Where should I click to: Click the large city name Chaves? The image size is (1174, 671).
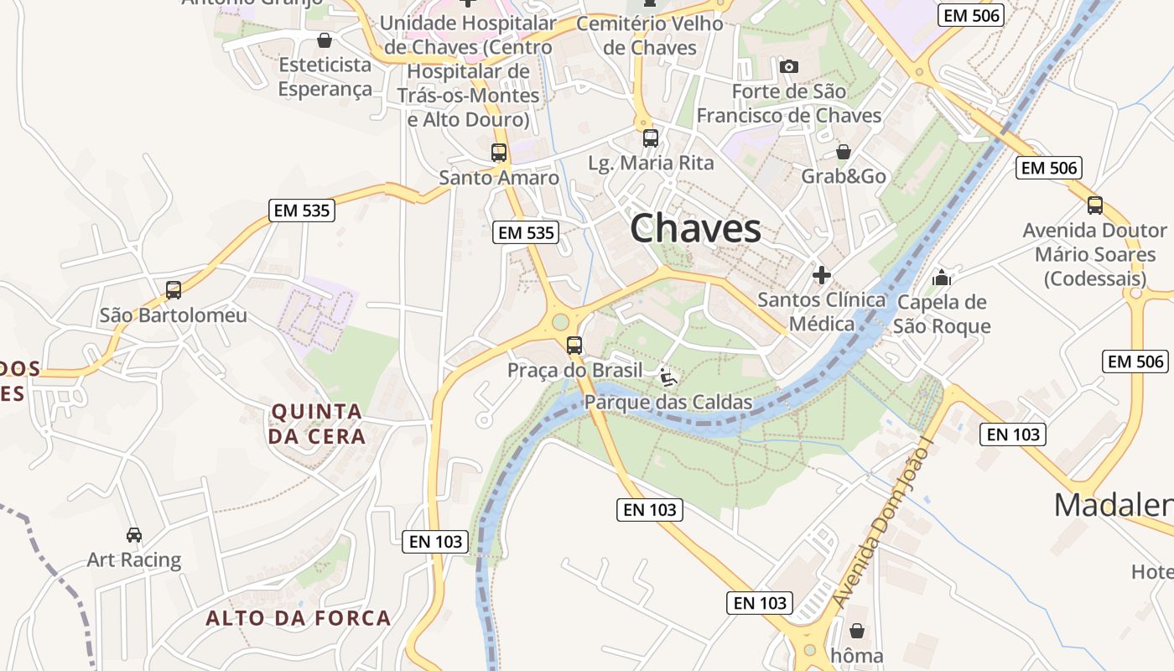pyautogui.click(x=695, y=228)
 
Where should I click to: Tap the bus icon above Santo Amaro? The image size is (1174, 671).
pyautogui.click(x=499, y=153)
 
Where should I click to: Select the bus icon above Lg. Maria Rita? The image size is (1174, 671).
pyautogui.click(x=651, y=138)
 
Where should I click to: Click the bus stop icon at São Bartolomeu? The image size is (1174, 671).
pyautogui.click(x=174, y=290)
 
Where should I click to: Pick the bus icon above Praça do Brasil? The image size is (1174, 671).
pyautogui.click(x=574, y=345)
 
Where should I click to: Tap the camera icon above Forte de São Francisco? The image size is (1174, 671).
pyautogui.click(x=788, y=66)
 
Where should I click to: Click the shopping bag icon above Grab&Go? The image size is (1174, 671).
pyautogui.click(x=844, y=152)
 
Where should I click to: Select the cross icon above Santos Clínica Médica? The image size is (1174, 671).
pyautogui.click(x=822, y=274)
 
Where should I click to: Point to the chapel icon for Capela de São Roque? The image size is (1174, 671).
pyautogui.click(x=942, y=277)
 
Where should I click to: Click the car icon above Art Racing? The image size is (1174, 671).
pyautogui.click(x=134, y=534)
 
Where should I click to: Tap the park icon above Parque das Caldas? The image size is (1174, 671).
pyautogui.click(x=668, y=377)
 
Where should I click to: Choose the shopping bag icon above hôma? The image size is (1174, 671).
pyautogui.click(x=856, y=631)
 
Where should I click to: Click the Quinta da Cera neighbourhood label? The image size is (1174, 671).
pyautogui.click(x=316, y=424)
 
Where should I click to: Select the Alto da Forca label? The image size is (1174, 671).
pyautogui.click(x=299, y=619)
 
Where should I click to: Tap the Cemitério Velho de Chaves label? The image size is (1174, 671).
pyautogui.click(x=650, y=35)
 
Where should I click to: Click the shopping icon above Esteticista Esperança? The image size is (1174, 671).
pyautogui.click(x=325, y=39)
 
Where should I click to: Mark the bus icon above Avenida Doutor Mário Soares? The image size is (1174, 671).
pyautogui.click(x=1094, y=205)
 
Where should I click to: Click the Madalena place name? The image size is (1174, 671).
pyautogui.click(x=1113, y=505)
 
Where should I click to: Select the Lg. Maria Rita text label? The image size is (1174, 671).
pyautogui.click(x=652, y=163)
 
